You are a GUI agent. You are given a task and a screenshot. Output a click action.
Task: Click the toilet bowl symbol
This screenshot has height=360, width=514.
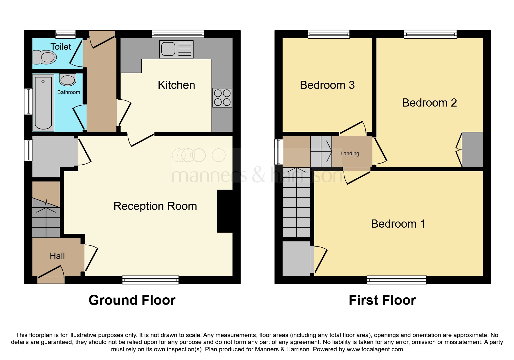click(x=45, y=57)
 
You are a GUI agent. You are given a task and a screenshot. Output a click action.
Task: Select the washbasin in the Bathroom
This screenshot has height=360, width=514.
click(x=68, y=80)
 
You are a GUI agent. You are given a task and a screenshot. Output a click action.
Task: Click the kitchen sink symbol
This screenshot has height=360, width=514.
click(x=176, y=49)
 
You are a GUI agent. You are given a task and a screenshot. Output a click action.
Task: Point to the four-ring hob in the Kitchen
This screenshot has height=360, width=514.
click(x=222, y=98)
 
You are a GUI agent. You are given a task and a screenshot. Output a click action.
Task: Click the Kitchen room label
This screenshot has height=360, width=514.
click(x=176, y=85)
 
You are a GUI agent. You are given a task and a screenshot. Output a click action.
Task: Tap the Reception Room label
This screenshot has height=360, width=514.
click(x=155, y=206)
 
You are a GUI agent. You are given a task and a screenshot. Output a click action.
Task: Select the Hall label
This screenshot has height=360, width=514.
click(x=57, y=256)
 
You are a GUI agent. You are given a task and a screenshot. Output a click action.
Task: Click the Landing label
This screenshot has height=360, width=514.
click(x=350, y=154)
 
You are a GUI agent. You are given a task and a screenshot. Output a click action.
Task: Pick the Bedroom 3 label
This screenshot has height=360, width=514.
click(x=327, y=85)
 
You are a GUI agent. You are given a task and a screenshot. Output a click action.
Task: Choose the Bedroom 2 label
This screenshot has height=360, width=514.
click(x=429, y=103)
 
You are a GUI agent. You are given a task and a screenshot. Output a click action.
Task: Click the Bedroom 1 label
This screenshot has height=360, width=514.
click(x=398, y=224)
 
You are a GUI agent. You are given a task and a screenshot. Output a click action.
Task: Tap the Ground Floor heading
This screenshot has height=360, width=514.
click(x=132, y=300)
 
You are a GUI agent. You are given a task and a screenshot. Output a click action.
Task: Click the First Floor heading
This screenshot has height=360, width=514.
click(x=382, y=300)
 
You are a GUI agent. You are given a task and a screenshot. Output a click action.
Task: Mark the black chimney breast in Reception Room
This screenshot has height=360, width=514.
click(x=225, y=211)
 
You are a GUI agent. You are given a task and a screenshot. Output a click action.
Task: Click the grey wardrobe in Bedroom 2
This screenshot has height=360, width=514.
click(x=472, y=150)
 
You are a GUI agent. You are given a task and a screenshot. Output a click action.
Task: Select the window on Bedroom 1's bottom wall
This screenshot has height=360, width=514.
click(x=396, y=280)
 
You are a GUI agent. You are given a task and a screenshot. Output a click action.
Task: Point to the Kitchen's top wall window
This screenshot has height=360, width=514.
click(x=178, y=34)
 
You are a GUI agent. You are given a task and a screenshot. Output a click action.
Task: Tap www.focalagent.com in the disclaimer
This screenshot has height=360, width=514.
click(x=375, y=349)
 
